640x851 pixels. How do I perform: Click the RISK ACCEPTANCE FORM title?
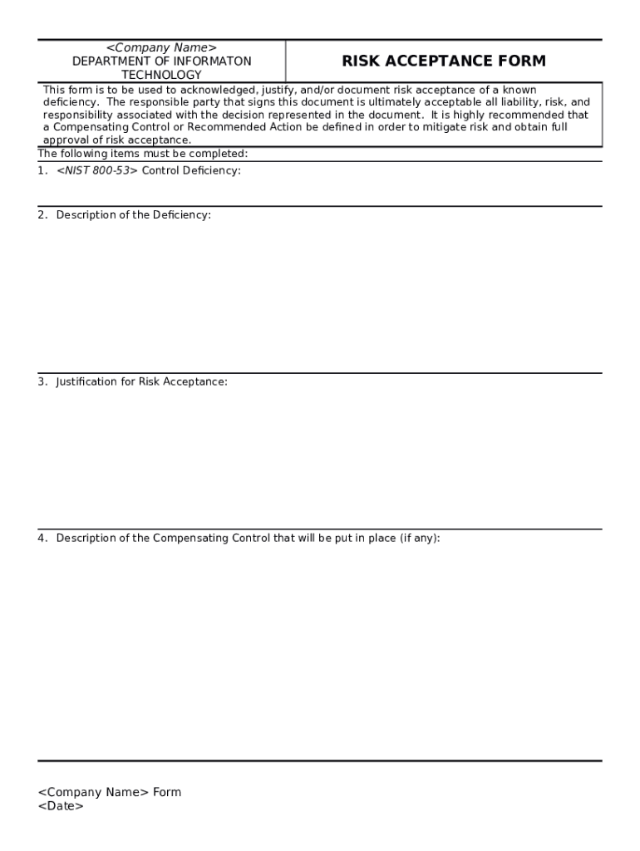click(x=444, y=61)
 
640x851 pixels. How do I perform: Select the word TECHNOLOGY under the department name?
click(x=161, y=75)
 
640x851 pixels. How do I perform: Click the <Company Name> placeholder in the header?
click(x=161, y=48)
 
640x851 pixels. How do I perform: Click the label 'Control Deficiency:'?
click(x=191, y=170)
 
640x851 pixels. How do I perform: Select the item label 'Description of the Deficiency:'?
click(x=133, y=214)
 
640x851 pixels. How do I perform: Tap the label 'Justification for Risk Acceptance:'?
click(x=141, y=381)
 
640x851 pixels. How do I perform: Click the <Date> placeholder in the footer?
click(x=61, y=806)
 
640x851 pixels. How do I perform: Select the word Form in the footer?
click(x=167, y=792)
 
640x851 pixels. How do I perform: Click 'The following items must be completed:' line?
click(x=143, y=154)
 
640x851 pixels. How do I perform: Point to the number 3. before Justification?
click(x=42, y=381)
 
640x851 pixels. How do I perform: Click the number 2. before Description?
click(x=42, y=214)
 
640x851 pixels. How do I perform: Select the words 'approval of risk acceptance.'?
click(x=117, y=140)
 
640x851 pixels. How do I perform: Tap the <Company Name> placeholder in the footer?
click(x=93, y=792)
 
